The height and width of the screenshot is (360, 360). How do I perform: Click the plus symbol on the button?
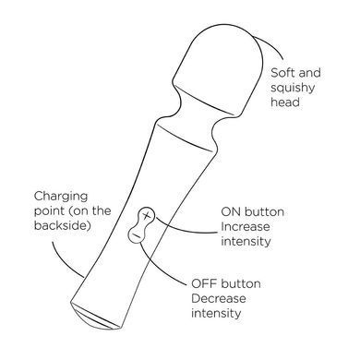click(x=147, y=215)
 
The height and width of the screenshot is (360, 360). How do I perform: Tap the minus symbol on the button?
click(x=136, y=235)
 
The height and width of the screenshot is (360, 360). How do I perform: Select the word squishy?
click(x=293, y=89)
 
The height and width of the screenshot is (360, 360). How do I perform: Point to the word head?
click(x=285, y=102)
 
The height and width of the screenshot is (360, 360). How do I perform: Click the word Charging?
click(x=61, y=197)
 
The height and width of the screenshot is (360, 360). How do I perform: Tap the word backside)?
click(x=63, y=225)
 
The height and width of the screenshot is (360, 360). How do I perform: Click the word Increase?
click(x=246, y=227)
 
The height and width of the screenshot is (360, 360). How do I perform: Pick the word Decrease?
click(x=219, y=298)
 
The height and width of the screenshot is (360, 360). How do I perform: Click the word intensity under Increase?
click(x=246, y=241)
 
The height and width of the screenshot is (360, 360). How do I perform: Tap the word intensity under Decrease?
click(x=216, y=313)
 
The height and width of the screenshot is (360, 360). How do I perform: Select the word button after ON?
click(x=264, y=212)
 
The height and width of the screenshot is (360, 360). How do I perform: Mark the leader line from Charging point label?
click(x=64, y=261)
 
